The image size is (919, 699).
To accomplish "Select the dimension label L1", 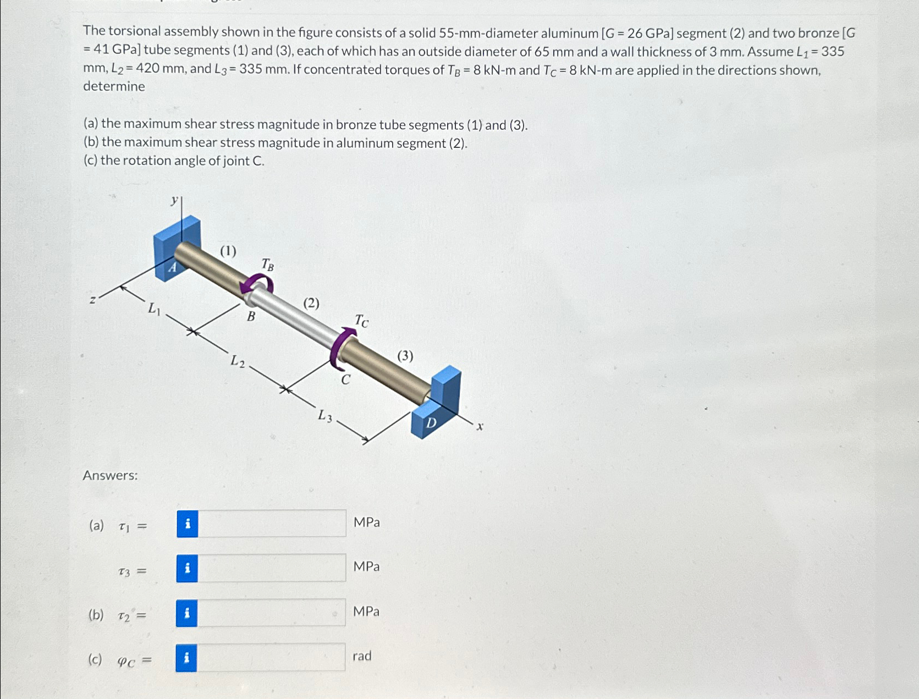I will [x=154, y=310].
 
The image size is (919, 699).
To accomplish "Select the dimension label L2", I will [x=238, y=361].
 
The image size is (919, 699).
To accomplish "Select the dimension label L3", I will [x=325, y=416].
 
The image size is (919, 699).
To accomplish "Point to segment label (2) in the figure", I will [x=311, y=303].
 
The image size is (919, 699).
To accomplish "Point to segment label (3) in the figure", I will [x=405, y=356].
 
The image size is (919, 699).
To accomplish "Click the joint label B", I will [x=251, y=317].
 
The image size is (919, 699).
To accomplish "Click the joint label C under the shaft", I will [x=345, y=380].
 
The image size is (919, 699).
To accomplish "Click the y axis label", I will [x=174, y=200].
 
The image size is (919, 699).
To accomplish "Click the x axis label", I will [x=480, y=426].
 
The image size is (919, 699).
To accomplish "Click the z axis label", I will [x=93, y=300].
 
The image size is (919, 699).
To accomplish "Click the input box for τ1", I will [x=272, y=523].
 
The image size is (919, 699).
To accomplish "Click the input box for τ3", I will [x=272, y=568].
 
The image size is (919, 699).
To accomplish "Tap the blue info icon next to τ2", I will [x=187, y=613].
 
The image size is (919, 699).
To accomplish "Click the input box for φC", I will [x=272, y=657].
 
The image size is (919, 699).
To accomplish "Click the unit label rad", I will [x=362, y=656].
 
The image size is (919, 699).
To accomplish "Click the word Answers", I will [x=110, y=475].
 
